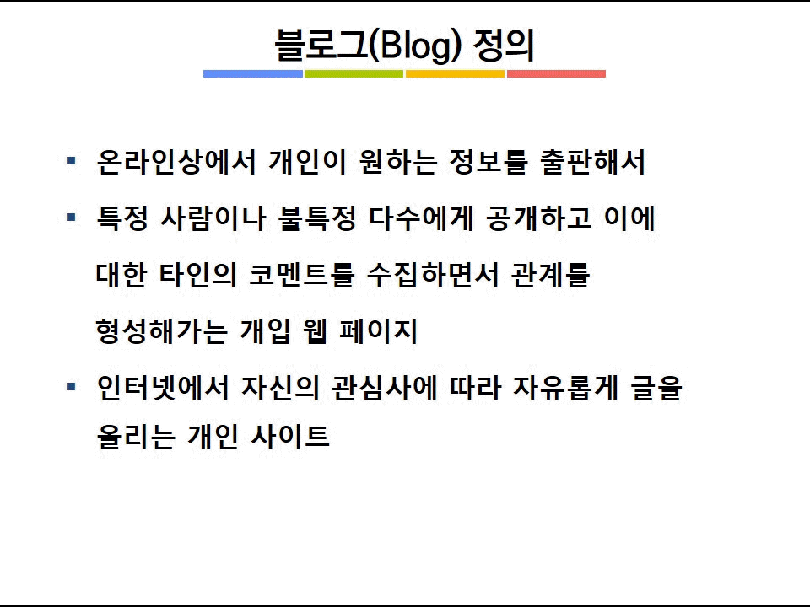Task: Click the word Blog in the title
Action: pyautogui.click(x=415, y=46)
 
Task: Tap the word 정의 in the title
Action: pyautogui.click(x=504, y=45)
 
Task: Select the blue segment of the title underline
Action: pyautogui.click(x=253, y=74)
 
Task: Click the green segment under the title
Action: pyautogui.click(x=354, y=74)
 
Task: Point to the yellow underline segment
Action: pyautogui.click(x=455, y=74)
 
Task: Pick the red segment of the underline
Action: pyautogui.click(x=556, y=74)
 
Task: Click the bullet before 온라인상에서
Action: pyautogui.click(x=72, y=161)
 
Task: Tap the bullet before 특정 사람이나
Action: pyautogui.click(x=72, y=218)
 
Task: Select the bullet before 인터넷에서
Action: pyautogui.click(x=72, y=386)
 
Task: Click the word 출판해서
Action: pyautogui.click(x=592, y=162)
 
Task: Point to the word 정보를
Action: pyautogui.click(x=489, y=162)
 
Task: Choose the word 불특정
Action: pyautogui.click(x=317, y=218)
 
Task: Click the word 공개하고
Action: pyautogui.click(x=539, y=218)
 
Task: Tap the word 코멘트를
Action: pyautogui.click(x=302, y=275)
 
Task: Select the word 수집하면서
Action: pyautogui.click(x=433, y=275)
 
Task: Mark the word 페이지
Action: pyautogui.click(x=378, y=330)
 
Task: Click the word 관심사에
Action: pyautogui.click(x=385, y=388)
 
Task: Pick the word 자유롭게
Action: pyautogui.click(x=565, y=388)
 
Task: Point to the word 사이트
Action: pyautogui.click(x=289, y=436)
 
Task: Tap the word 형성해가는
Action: pyautogui.click(x=161, y=330)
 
